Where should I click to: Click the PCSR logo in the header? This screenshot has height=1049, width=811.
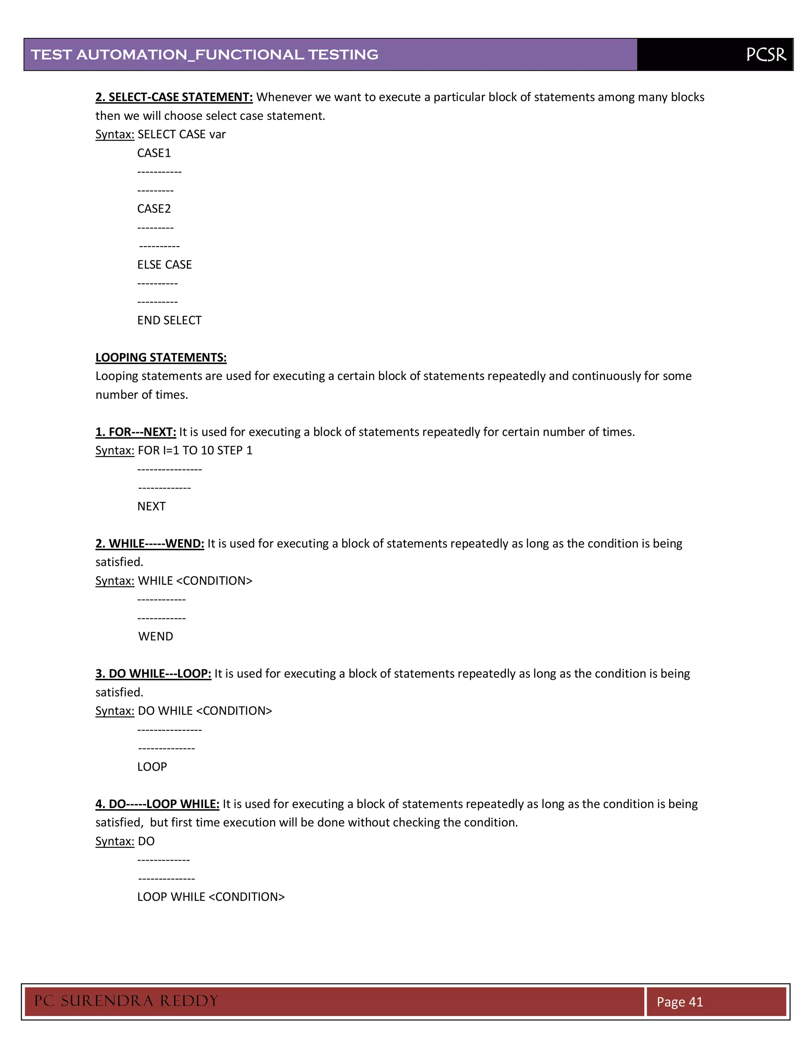tap(766, 55)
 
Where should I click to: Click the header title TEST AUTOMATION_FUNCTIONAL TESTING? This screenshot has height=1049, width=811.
tap(205, 55)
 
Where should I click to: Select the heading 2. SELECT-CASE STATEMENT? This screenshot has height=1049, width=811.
tap(174, 97)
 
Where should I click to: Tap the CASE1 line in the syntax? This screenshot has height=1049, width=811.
tap(154, 153)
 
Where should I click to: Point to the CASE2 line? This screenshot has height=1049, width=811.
tap(154, 209)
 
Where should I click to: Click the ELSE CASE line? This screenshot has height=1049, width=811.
tap(164, 265)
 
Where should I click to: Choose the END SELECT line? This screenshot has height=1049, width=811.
tap(169, 320)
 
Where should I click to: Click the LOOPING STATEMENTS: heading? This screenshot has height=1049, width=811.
tap(161, 357)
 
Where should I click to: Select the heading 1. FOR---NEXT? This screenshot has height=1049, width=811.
tap(135, 432)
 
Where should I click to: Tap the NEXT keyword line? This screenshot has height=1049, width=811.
tap(151, 506)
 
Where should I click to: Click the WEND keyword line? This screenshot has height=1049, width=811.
tap(156, 637)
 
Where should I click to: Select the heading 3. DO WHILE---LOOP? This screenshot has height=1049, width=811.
tap(153, 673)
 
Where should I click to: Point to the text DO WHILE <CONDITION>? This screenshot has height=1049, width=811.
tap(205, 711)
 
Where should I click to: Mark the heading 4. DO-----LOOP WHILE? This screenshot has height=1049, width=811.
tap(157, 804)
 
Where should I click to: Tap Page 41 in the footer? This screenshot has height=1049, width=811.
tap(680, 1002)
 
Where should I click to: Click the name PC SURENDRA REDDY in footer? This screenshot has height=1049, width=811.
tap(126, 1001)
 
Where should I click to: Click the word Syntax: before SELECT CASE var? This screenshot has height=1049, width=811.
tap(114, 135)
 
